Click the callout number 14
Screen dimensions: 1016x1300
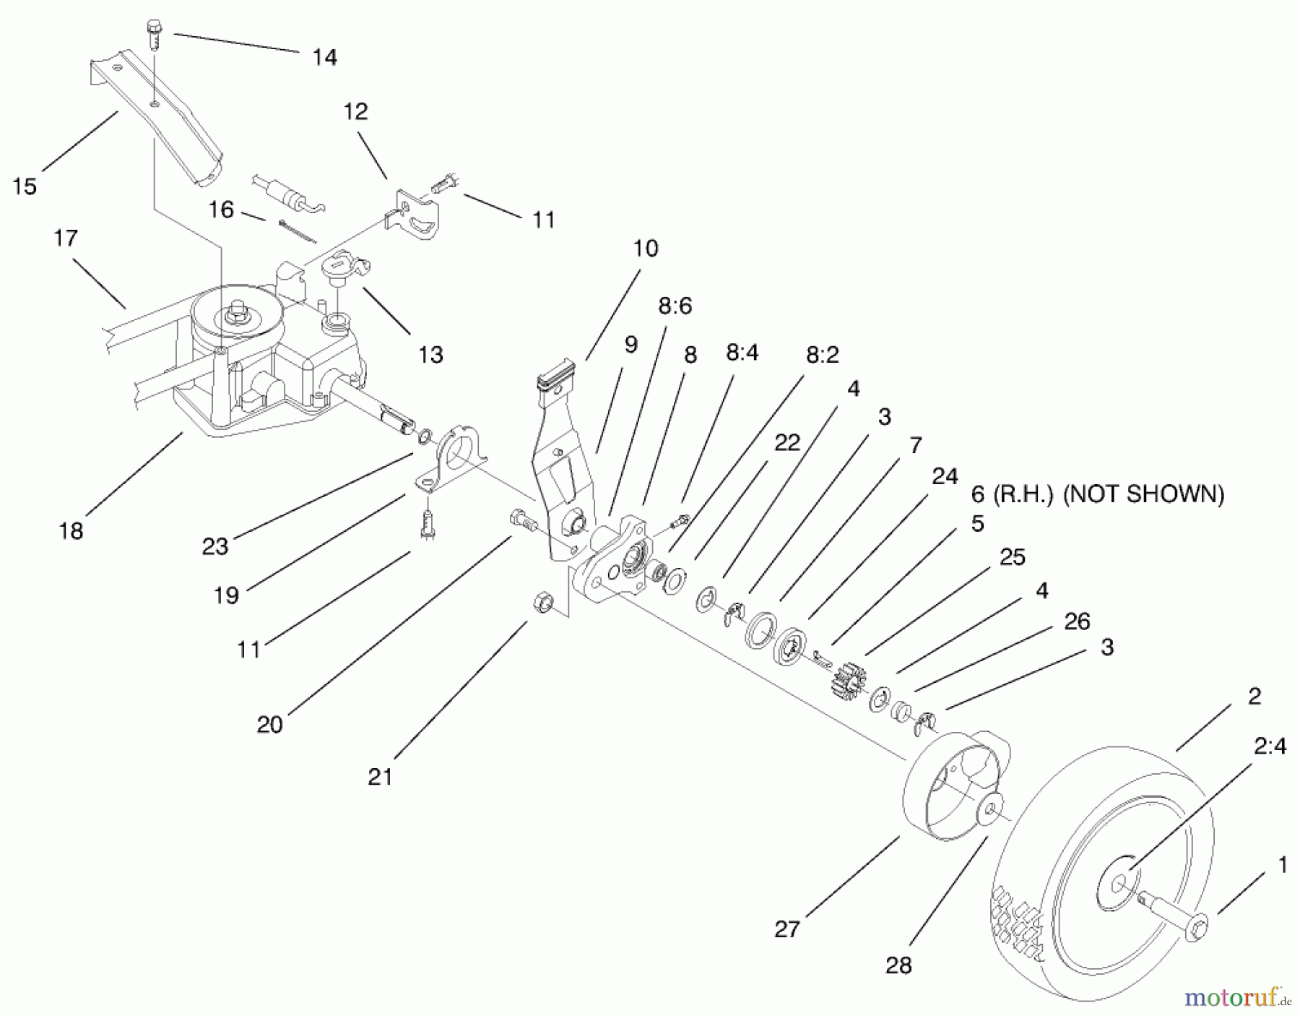[x=324, y=57]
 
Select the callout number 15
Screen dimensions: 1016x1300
[x=24, y=186]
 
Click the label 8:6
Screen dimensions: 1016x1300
[x=675, y=306]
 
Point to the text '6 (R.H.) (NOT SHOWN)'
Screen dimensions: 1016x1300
[x=1097, y=494]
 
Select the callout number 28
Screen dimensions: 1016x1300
[x=898, y=965]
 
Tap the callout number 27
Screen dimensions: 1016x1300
[x=787, y=929]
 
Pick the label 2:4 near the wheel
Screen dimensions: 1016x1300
[x=1270, y=746]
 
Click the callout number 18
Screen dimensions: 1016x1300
[x=71, y=531]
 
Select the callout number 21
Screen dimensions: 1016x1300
[x=380, y=777]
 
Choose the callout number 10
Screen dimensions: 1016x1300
[x=645, y=249]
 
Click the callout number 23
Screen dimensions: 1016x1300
[x=214, y=546]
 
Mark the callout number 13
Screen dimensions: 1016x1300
[x=430, y=354]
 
